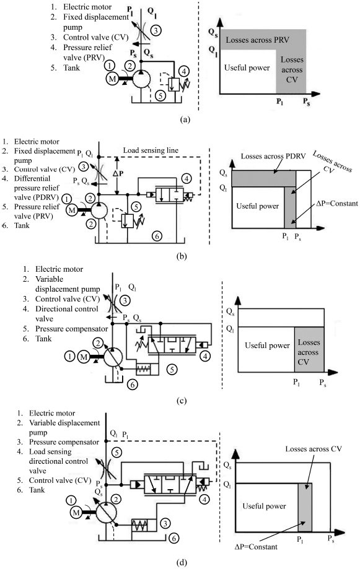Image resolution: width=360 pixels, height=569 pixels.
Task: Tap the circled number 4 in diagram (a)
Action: point(184,71)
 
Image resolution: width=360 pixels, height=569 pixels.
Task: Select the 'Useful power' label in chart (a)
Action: point(247,67)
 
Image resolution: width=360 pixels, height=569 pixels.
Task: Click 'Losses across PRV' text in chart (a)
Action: point(258,40)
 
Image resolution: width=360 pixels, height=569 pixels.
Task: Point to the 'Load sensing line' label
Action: point(151,150)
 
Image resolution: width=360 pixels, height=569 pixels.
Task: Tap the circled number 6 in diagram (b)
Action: point(157,237)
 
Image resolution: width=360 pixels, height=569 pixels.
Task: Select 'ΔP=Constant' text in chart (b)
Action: point(336,204)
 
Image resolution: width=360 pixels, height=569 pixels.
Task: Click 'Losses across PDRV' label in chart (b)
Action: point(273,157)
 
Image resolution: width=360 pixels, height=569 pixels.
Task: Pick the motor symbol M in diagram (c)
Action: point(84,357)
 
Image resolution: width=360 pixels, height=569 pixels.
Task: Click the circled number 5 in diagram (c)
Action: point(172,370)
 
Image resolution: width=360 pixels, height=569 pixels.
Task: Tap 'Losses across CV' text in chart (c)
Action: point(309,352)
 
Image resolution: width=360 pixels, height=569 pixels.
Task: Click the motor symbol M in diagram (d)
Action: point(76,513)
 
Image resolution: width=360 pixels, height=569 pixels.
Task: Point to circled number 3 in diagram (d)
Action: point(165,523)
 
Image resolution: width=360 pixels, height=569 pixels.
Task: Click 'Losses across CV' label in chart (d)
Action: point(314,449)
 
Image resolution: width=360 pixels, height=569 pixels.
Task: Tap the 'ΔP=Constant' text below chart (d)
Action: point(256,547)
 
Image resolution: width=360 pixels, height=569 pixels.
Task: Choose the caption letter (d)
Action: point(182,563)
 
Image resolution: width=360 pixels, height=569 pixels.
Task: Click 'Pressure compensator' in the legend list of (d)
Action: point(64,442)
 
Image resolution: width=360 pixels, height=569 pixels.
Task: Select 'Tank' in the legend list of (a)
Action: point(71,67)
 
